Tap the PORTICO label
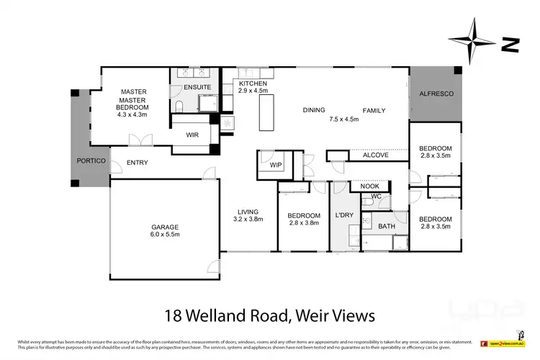(x=91, y=159)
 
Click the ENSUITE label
(x=197, y=87)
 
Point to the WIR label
(x=192, y=135)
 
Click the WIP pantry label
(x=275, y=165)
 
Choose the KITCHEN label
(x=253, y=84)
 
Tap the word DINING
(x=313, y=110)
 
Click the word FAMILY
(x=374, y=110)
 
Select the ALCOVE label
(x=375, y=155)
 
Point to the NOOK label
(x=369, y=186)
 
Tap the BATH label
(x=387, y=226)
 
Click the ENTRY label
(x=137, y=163)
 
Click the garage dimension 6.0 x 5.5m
(x=165, y=234)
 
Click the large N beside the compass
(x=510, y=45)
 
